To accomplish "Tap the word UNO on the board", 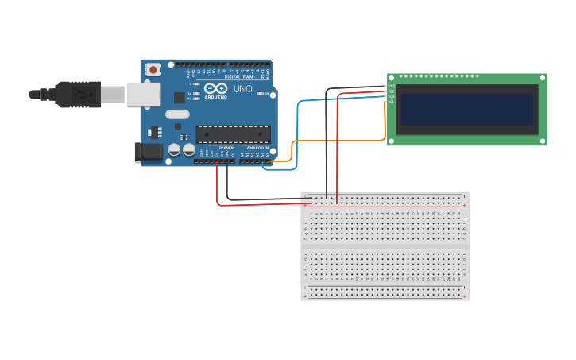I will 242,89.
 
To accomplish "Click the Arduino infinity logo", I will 215,89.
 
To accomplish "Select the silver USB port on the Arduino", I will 143,94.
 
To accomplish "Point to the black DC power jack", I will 148,152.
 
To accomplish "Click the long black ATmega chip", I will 233,134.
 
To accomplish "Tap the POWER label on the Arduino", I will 226,148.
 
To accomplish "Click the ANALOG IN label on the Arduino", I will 257,148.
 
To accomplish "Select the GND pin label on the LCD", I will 391,86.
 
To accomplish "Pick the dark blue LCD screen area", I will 467,109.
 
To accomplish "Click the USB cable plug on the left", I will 75,94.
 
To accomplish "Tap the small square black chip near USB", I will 180,98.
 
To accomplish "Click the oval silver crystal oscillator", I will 177,114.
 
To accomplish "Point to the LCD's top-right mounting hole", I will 542,78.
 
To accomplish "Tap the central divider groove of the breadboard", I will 385,246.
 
